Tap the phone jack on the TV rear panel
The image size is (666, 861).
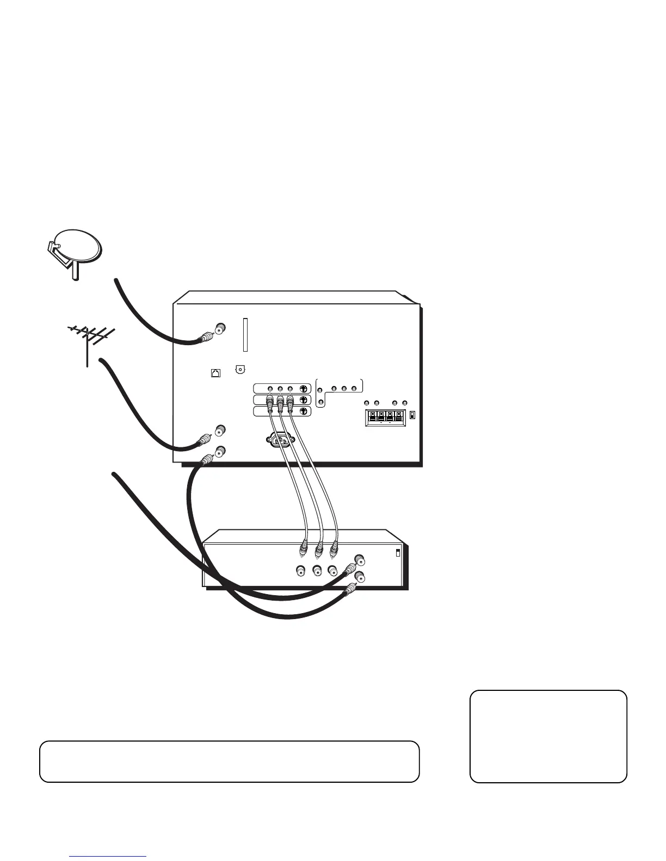coord(215,373)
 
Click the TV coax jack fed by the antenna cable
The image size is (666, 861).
coord(220,430)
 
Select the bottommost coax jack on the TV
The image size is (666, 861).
coord(220,451)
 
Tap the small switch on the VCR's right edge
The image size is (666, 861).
coord(398,553)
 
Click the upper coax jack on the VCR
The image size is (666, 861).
coord(359,559)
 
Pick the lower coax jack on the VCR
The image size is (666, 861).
coord(359,577)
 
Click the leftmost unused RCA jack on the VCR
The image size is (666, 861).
coord(300,571)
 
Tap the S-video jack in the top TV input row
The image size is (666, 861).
coord(303,389)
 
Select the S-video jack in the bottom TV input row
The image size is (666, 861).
coord(303,411)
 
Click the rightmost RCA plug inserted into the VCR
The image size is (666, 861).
coord(335,550)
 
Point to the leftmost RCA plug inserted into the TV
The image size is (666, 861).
coord(269,403)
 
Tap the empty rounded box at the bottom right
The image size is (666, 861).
coord(548,736)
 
